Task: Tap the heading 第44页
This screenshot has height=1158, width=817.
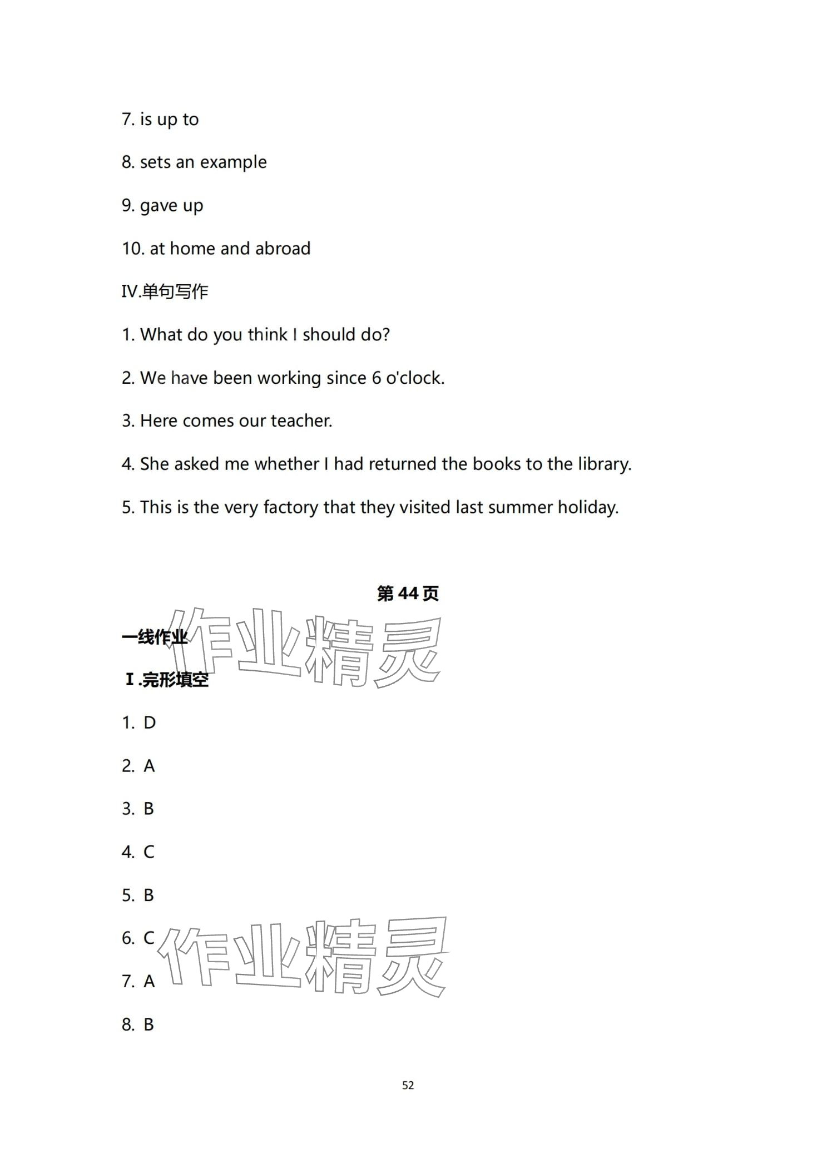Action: point(408,593)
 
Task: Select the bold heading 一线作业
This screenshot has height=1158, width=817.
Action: point(154,637)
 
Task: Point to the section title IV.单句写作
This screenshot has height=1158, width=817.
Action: point(165,291)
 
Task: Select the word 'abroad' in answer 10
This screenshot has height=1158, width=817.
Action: point(283,249)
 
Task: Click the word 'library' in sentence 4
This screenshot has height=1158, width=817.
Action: point(603,464)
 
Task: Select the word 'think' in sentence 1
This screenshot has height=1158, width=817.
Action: point(268,335)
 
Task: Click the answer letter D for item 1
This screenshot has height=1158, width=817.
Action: point(150,722)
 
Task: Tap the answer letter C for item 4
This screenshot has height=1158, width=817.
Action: point(149,852)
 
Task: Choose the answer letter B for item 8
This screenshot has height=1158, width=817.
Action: point(148,1024)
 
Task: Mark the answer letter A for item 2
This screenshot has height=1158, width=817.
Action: point(149,766)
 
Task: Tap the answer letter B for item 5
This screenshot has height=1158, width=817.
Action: point(148,895)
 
